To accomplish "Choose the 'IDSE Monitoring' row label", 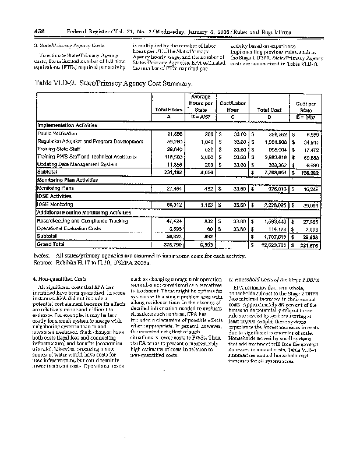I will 53,205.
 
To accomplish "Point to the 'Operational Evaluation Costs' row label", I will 66,230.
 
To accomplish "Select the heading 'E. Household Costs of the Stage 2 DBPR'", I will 267,279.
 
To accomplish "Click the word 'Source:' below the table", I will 44,263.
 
